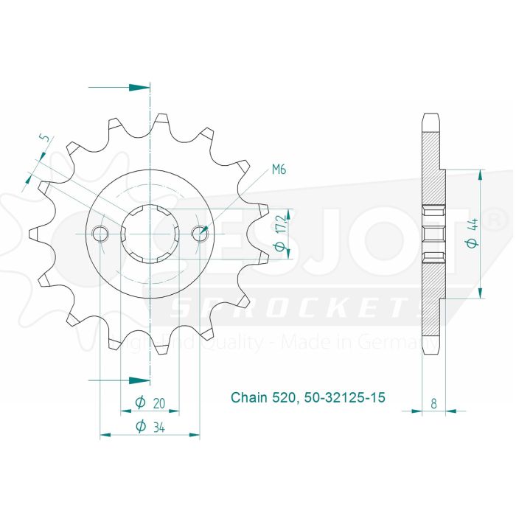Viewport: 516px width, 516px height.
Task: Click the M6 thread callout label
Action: (279, 170)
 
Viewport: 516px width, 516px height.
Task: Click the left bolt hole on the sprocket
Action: (100, 234)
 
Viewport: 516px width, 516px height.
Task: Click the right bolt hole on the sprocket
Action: (199, 234)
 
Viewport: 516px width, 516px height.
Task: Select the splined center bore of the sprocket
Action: (150, 234)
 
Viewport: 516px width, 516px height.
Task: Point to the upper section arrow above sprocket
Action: (136, 87)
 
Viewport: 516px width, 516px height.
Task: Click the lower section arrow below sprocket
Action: (136, 380)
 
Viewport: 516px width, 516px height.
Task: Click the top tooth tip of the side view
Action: (430, 116)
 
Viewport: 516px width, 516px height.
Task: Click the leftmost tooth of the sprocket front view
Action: (32, 234)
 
